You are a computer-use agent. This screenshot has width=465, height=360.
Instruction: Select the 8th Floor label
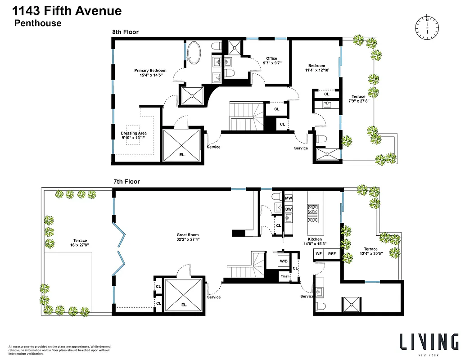125,32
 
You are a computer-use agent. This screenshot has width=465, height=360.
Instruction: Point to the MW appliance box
289,198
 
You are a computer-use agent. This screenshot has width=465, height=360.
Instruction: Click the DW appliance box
289,209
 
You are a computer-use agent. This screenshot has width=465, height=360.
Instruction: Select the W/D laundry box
284,261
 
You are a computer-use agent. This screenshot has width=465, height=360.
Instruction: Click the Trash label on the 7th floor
284,276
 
